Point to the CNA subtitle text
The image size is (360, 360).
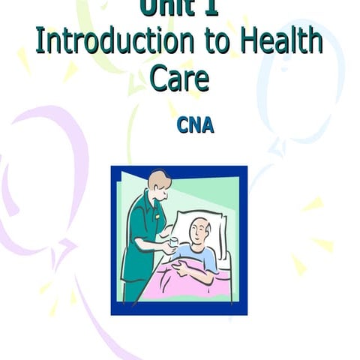click(x=195, y=124)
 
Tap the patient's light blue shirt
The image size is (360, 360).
click(x=202, y=259)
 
